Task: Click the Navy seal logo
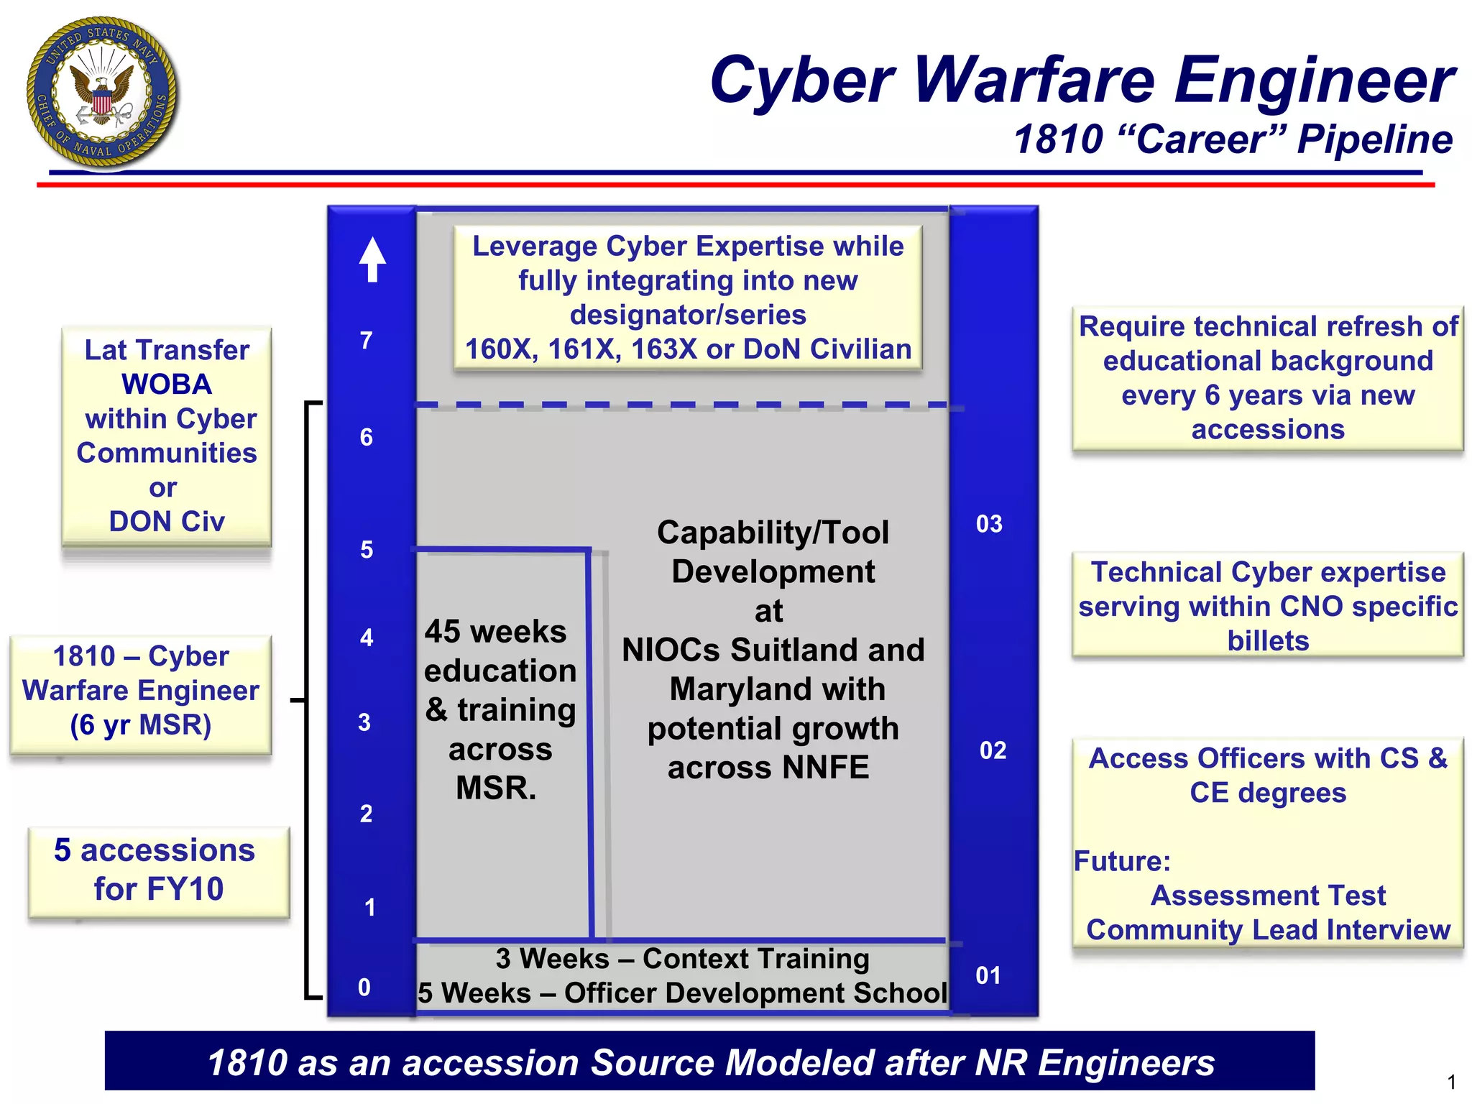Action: tap(102, 93)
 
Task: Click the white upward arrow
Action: tap(372, 259)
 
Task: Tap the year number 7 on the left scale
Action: tap(367, 340)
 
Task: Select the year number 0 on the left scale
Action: tap(364, 988)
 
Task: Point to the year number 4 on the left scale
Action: tap(367, 638)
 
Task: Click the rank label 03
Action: tap(989, 524)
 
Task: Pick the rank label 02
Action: tap(993, 750)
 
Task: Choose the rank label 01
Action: tap(988, 975)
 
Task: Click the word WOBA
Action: tap(167, 385)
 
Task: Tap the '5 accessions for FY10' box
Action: tap(159, 870)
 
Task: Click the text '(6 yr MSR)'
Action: tap(141, 724)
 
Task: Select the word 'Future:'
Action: tap(1122, 860)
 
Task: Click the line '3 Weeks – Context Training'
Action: tap(682, 959)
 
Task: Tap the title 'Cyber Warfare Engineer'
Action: tap(1082, 80)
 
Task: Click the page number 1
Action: tap(1451, 1082)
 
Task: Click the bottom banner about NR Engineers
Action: tap(709, 1062)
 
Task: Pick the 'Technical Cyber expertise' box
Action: tap(1268, 606)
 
